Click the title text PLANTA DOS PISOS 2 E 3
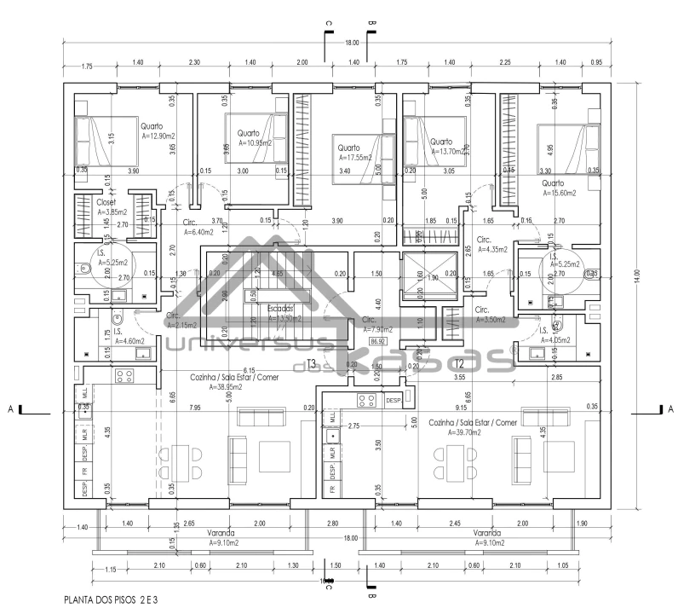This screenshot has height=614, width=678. coord(111,600)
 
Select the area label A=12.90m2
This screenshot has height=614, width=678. coord(158,136)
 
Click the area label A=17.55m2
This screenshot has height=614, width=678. coord(357,157)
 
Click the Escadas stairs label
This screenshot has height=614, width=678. coord(280,308)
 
